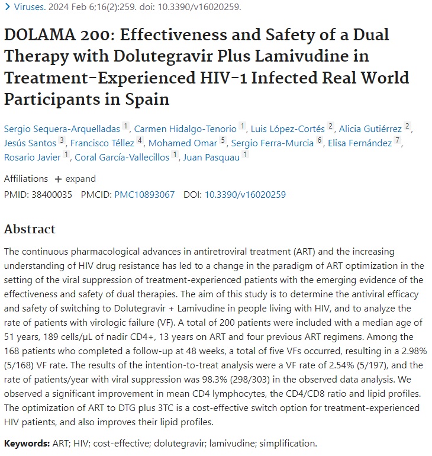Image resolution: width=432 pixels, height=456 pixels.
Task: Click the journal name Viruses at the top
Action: click(x=28, y=8)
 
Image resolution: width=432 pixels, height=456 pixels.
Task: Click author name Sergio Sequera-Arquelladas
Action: click(x=61, y=128)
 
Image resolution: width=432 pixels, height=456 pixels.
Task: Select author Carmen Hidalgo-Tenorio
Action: click(x=184, y=128)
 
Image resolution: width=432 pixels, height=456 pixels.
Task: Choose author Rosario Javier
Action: click(x=33, y=157)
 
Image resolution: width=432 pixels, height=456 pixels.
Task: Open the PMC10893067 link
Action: click(x=144, y=194)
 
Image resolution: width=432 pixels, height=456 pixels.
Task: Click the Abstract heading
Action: click(x=30, y=229)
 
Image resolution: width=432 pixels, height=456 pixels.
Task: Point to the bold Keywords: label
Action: click(x=26, y=443)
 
